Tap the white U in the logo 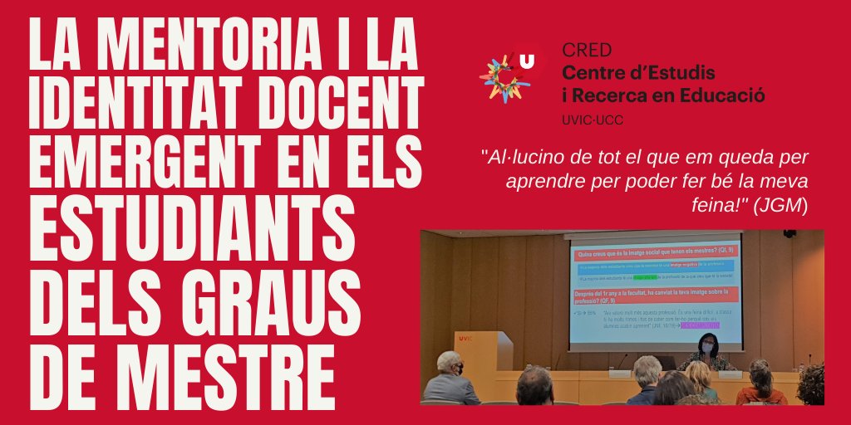(x=527, y=60)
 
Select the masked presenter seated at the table (x=708, y=353)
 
